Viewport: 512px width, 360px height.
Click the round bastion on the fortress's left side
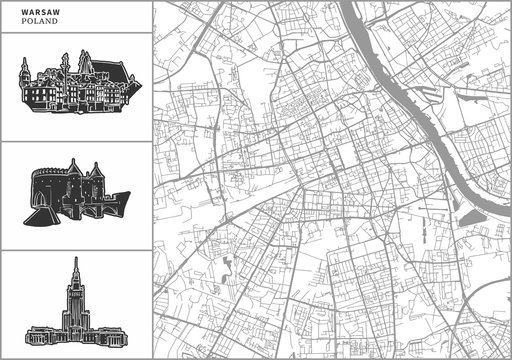click(x=45, y=186)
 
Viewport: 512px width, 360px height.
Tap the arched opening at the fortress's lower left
click(x=40, y=208)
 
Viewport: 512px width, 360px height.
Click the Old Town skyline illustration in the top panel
click(x=75, y=85)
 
